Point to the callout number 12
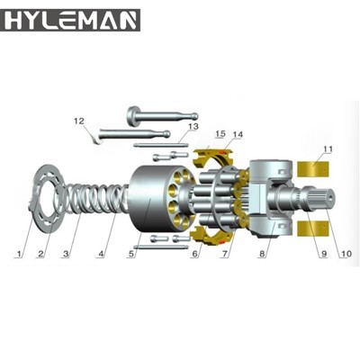pos(78,121)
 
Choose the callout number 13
pos(193,128)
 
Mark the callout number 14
pos(238,135)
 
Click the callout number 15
pos(220,135)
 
